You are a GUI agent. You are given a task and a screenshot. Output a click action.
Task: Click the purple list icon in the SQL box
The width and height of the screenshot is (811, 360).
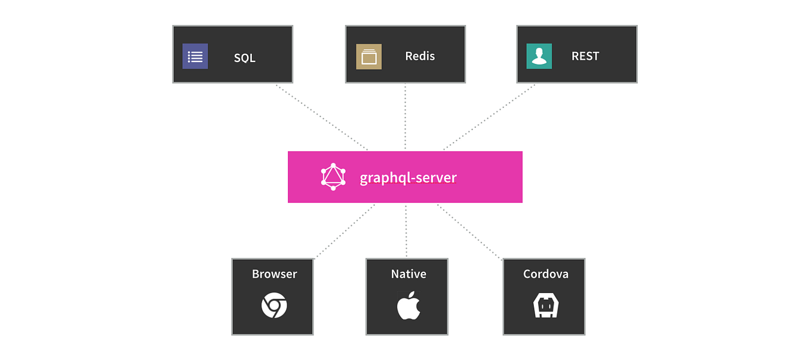coord(195,57)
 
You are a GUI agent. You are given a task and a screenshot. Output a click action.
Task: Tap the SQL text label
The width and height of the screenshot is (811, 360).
coord(244,58)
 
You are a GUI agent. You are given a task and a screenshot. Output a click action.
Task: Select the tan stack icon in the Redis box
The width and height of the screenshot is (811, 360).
coord(368,57)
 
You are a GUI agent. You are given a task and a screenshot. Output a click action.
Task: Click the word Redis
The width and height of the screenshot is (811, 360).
coord(420,56)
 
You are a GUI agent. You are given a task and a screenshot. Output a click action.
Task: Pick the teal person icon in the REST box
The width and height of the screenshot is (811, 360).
coord(539,56)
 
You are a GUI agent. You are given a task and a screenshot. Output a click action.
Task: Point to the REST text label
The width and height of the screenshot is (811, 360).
coord(585,56)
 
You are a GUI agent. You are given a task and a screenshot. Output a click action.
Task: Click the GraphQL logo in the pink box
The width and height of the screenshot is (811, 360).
coord(333,177)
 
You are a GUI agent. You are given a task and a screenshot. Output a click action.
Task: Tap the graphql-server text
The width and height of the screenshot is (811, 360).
coord(408,178)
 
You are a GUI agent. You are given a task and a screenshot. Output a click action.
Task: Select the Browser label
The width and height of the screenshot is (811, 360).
coord(274,274)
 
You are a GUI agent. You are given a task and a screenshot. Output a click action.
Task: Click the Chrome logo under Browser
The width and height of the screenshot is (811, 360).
coord(274,306)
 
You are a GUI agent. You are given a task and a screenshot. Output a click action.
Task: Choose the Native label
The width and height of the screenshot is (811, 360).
coord(408,274)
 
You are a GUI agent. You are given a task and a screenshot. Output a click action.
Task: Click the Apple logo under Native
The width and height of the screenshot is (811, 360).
coord(408,306)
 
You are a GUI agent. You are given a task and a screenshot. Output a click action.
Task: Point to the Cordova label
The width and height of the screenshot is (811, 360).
coord(545,274)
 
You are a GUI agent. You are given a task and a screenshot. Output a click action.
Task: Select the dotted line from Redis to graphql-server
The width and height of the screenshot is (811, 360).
coord(405,116)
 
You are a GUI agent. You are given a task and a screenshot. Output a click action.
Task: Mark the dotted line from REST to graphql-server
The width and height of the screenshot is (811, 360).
coord(490,117)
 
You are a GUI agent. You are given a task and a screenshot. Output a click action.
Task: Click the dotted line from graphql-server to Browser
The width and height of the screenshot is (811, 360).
coord(345,231)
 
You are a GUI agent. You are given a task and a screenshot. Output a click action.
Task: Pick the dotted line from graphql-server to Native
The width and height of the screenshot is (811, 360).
coord(406,230)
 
